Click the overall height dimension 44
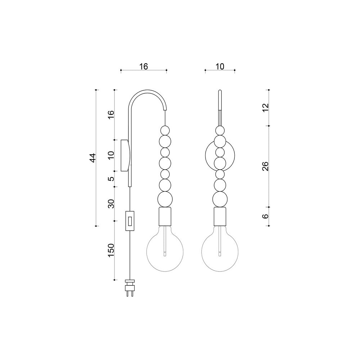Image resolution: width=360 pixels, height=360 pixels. tap(93, 158)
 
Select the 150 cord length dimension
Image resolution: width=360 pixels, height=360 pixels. tap(111, 251)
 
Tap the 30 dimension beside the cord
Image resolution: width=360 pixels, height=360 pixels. tap(111, 204)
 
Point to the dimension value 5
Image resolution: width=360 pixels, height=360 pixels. tap(111, 179)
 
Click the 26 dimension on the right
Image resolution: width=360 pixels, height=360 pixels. tap(265, 166)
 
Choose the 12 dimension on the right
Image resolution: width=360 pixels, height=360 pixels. tap(265, 108)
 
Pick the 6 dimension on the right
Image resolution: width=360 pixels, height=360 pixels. tap(265, 216)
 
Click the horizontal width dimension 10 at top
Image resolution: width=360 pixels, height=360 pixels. tap(220, 67)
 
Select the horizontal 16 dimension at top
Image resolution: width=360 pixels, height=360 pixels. tap(144, 67)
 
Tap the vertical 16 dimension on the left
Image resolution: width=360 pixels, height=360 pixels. tap(111, 115)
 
